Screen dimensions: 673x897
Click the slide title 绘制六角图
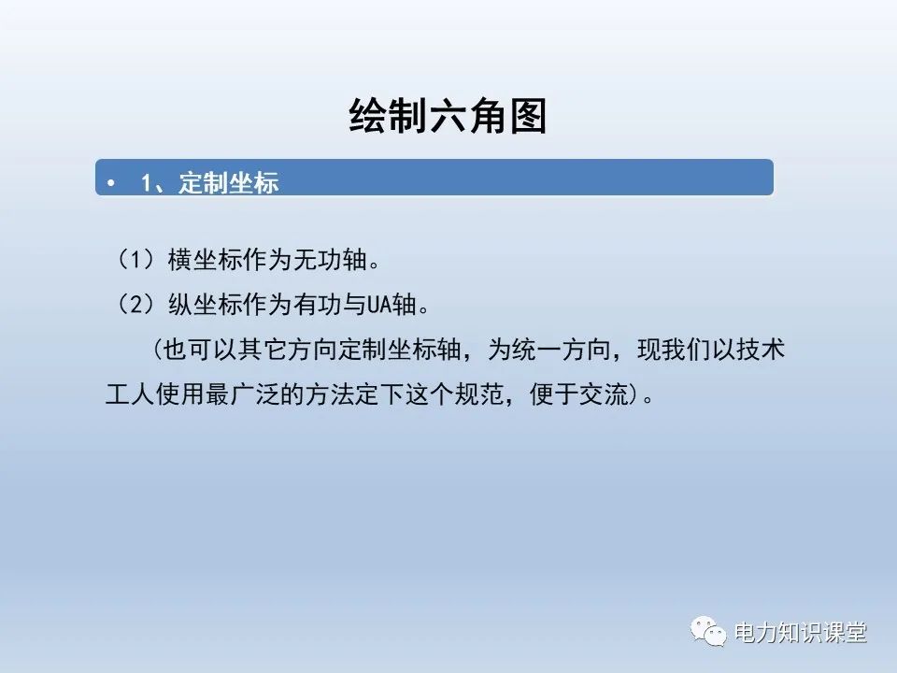(x=447, y=118)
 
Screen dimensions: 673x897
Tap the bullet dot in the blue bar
(x=112, y=183)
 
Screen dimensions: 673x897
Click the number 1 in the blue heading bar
(x=146, y=183)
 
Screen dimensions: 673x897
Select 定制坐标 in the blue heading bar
(x=229, y=183)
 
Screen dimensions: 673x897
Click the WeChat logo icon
(x=709, y=631)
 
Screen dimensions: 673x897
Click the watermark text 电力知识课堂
(x=801, y=633)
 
